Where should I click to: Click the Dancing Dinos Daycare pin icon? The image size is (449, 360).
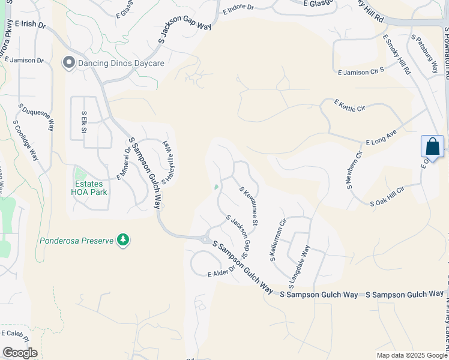(x=68, y=62)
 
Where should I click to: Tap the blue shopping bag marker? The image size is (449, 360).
(x=432, y=146)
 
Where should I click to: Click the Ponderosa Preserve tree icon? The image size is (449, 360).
(x=123, y=240)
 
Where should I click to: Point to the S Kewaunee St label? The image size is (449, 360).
(x=249, y=206)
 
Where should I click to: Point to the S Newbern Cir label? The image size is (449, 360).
(x=354, y=170)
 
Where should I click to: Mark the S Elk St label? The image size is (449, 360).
(x=84, y=122)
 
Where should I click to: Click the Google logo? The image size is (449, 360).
(x=20, y=353)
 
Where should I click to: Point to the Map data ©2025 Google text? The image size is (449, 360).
(x=412, y=355)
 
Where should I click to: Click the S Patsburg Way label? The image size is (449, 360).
(x=425, y=54)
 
